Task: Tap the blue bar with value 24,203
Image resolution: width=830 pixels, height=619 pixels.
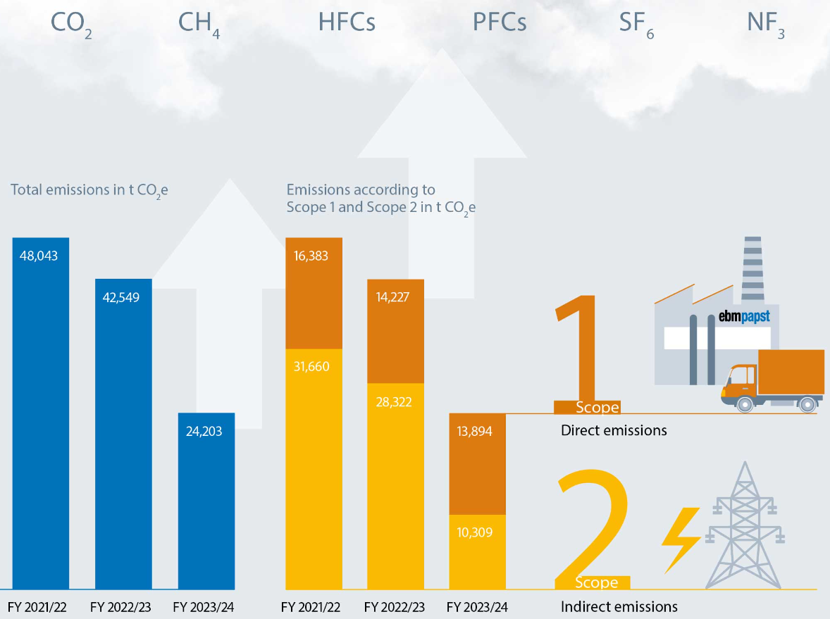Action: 206,500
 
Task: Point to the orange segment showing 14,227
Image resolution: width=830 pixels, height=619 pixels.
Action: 395,331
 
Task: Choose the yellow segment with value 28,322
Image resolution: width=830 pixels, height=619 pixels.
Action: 395,486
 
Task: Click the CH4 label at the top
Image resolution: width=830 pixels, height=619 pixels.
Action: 199,23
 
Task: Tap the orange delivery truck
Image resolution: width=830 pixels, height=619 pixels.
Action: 773,380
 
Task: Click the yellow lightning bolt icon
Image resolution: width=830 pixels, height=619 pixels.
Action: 680,539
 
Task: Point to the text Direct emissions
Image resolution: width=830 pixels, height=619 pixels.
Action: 614,430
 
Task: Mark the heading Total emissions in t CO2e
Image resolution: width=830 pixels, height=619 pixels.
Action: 89,189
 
